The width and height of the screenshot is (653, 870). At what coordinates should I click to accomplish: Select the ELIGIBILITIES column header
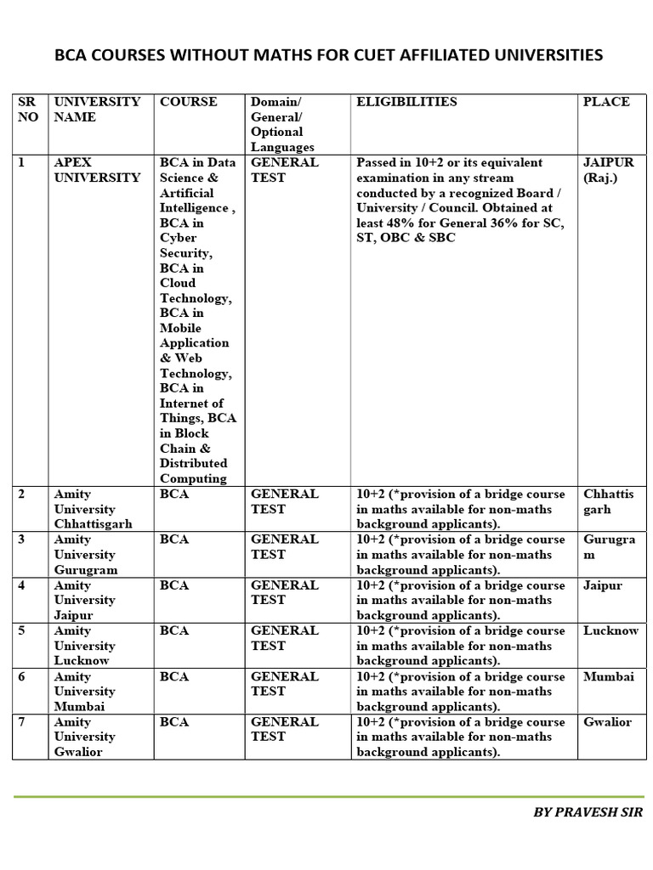click(x=406, y=102)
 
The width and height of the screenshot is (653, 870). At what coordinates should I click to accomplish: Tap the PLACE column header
click(x=606, y=102)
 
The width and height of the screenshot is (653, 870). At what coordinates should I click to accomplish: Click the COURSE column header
click(x=189, y=102)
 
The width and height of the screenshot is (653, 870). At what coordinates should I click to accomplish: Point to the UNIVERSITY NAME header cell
click(x=97, y=110)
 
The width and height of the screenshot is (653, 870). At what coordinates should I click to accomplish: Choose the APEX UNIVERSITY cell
click(x=97, y=170)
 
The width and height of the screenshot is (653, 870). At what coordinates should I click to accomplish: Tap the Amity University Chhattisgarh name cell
click(x=93, y=509)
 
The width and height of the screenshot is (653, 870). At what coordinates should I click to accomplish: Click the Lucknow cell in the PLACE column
click(x=610, y=631)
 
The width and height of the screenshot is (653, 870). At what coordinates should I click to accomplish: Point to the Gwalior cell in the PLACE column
click(x=607, y=722)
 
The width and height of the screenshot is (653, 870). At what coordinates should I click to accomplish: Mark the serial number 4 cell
click(x=22, y=585)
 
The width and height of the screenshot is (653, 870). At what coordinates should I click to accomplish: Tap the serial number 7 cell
click(x=22, y=722)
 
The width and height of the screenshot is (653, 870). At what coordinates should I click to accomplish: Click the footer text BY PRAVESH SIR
click(x=588, y=812)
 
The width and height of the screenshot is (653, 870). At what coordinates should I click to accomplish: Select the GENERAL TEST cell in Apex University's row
click(x=285, y=170)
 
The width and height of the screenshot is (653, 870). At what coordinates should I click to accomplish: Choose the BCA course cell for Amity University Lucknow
click(x=174, y=631)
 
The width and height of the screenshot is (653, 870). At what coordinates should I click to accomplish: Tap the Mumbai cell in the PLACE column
click(x=609, y=676)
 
